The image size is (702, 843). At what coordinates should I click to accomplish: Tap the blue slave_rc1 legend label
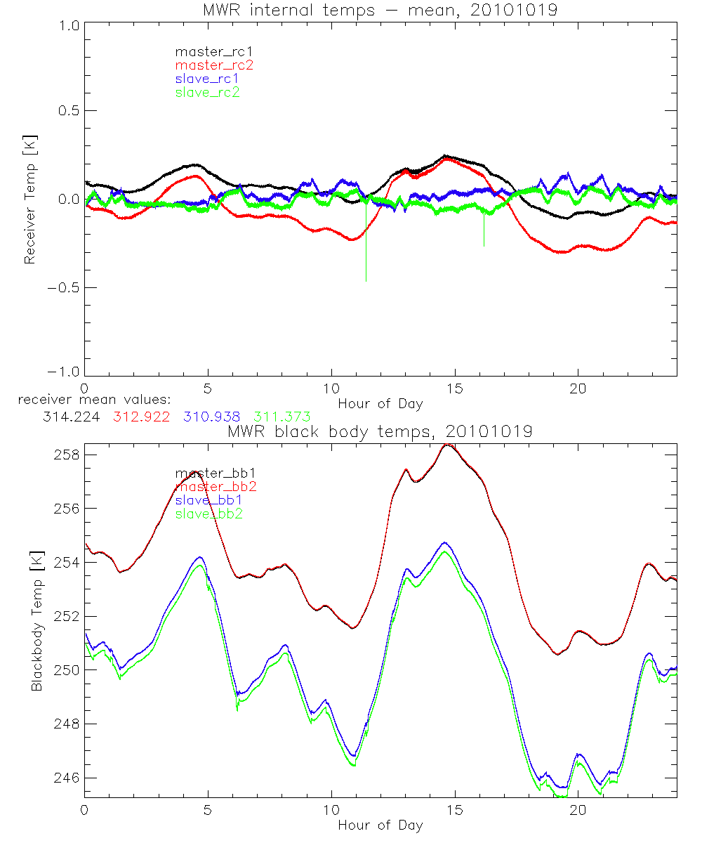pyautogui.click(x=208, y=78)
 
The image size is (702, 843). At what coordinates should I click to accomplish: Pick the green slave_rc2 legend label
pyautogui.click(x=208, y=91)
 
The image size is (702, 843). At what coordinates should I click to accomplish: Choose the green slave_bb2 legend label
pyautogui.click(x=208, y=514)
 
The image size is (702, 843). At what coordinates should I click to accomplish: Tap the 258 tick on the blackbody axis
pyautogui.click(x=66, y=455)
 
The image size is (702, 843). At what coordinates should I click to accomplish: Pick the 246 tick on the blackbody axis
pyautogui.click(x=66, y=778)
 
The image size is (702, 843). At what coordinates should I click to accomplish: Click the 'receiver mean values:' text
pyautogui.click(x=89, y=400)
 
